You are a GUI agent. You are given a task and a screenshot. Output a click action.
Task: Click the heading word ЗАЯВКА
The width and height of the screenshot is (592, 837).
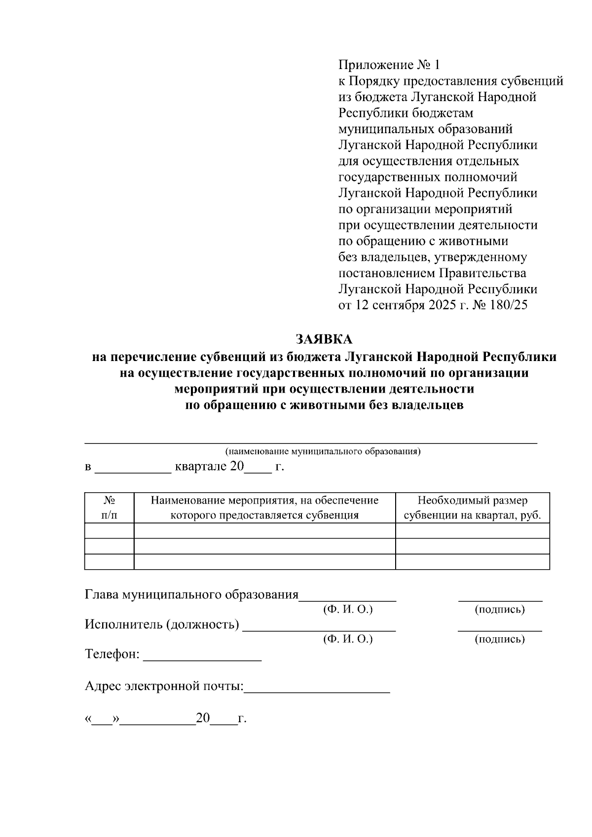[324, 340]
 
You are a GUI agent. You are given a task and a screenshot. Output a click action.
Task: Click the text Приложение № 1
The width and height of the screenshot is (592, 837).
[388, 65]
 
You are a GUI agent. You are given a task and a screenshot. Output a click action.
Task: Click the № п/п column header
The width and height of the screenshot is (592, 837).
[109, 508]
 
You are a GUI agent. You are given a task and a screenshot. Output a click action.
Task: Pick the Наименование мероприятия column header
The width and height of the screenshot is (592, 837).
[264, 508]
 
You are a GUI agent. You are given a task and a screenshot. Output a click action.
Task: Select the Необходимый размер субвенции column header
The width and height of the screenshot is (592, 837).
[472, 508]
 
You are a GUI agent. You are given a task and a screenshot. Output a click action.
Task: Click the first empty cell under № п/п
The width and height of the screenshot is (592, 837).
[109, 531]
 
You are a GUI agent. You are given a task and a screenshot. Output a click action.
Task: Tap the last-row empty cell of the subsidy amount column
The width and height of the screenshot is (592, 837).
[472, 562]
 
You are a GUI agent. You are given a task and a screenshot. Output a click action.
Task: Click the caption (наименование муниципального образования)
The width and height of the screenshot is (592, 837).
[323, 451]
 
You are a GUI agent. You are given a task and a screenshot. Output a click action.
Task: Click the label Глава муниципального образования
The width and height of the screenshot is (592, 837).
[191, 595]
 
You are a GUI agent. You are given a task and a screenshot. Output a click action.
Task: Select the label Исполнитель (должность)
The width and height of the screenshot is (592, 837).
[162, 624]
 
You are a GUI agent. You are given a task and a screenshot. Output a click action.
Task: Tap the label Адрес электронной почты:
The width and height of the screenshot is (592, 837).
[164, 686]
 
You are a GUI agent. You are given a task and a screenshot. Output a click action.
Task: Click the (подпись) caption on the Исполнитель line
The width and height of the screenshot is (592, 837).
[499, 639]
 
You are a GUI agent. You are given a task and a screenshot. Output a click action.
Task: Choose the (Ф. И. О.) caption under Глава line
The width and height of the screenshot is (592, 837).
[348, 610]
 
